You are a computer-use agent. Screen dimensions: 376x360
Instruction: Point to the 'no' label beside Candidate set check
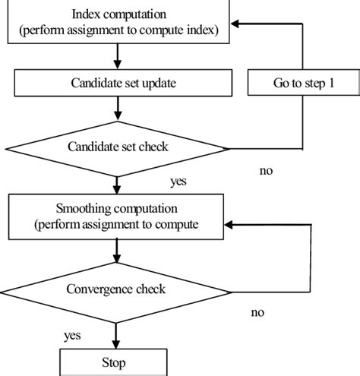pos(266,171)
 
